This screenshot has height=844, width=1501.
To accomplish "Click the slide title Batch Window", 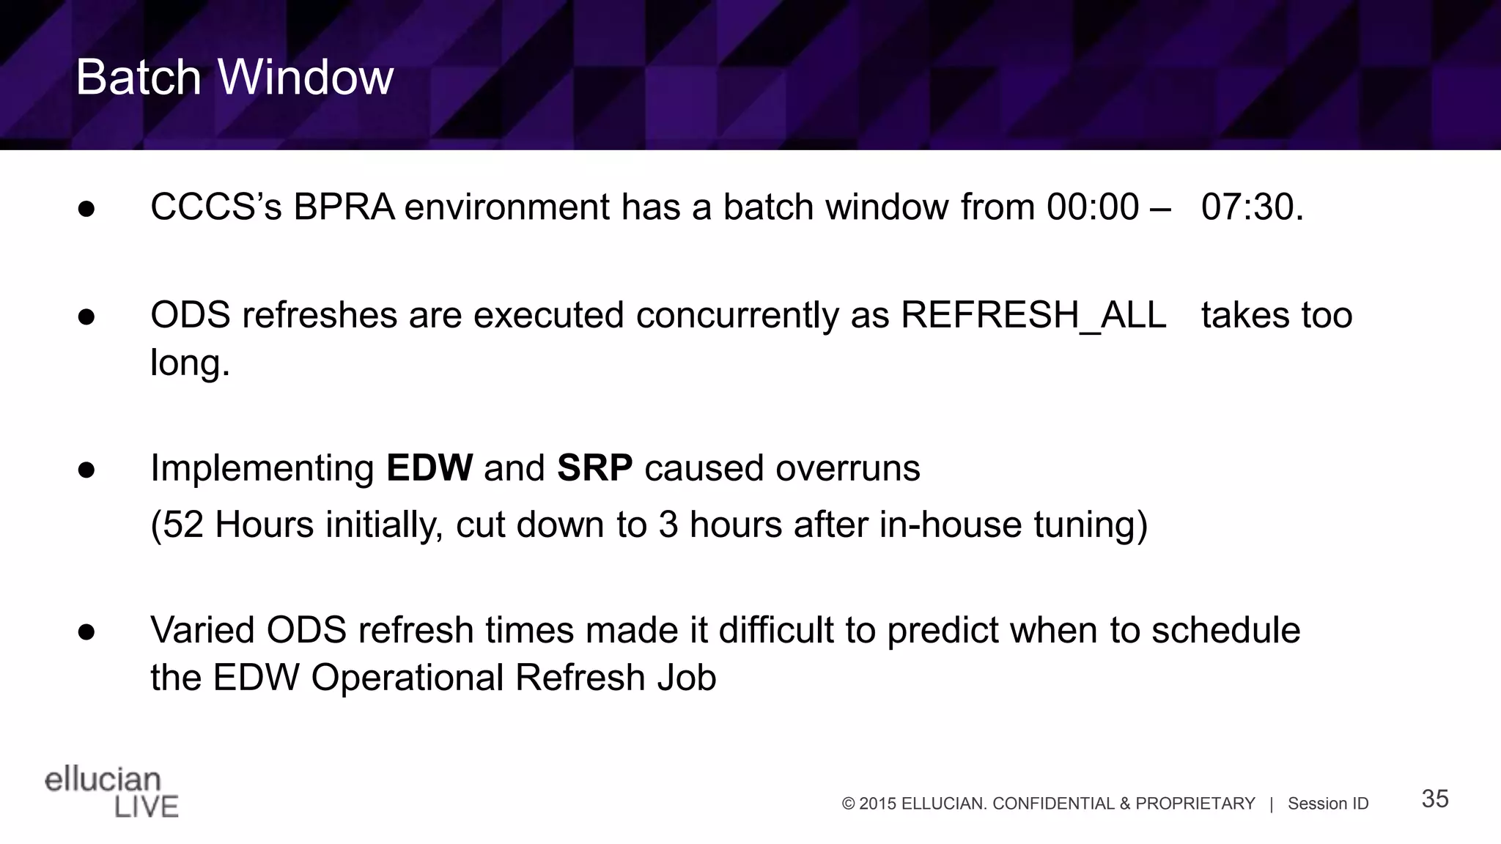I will click(235, 77).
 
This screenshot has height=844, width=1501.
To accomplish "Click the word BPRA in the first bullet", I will click(344, 207).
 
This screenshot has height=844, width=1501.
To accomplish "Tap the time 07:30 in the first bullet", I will click(1251, 207).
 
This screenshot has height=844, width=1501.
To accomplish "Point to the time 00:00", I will click(1092, 207).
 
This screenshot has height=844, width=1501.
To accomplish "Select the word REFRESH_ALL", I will click(1033, 316).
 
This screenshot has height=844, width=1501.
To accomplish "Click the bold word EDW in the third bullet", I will click(429, 468).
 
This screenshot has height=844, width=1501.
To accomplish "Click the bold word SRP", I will click(594, 468).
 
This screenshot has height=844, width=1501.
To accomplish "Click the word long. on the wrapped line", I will click(190, 363).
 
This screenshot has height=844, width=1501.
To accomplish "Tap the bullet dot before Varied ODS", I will click(86, 632).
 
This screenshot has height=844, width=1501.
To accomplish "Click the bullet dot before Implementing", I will click(86, 470).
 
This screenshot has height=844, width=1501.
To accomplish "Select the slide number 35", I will click(1434, 799).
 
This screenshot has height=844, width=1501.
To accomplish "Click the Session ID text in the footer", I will click(1327, 804).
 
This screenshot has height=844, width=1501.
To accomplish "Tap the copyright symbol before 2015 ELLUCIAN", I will click(848, 804).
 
